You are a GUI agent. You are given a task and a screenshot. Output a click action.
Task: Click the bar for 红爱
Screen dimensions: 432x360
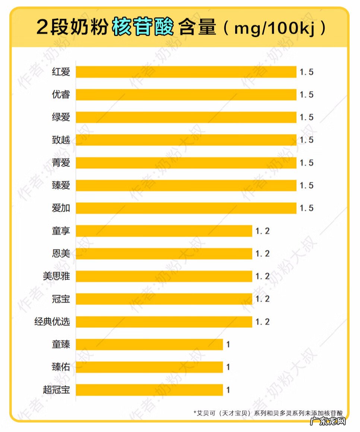tap(186, 72)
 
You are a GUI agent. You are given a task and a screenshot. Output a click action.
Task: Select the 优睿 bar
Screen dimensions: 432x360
tap(186, 95)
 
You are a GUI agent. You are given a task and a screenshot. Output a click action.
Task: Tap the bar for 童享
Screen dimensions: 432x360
tap(164, 231)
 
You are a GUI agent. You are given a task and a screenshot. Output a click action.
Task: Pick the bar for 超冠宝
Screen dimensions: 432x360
tap(149, 390)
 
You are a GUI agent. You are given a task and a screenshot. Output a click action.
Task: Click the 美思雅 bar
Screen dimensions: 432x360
tap(164, 276)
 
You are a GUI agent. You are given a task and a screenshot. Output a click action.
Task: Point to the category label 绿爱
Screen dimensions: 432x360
tap(61, 117)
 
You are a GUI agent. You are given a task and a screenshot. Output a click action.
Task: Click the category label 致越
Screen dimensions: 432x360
tap(61, 140)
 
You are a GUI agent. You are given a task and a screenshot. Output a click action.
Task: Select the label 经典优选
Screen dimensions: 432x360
tap(52, 322)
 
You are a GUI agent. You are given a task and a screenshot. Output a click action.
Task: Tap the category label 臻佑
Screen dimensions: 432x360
tap(61, 367)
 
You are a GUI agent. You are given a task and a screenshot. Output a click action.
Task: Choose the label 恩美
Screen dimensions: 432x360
tap(61, 254)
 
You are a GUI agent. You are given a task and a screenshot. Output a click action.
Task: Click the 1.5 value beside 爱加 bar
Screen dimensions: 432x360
tap(307, 208)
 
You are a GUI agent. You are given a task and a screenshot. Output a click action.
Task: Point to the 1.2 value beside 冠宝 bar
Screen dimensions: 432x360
tap(262, 299)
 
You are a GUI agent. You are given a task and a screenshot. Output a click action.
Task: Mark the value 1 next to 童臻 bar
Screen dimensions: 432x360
tap(228, 345)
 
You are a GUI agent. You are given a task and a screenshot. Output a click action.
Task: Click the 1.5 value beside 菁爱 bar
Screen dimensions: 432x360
tap(307, 163)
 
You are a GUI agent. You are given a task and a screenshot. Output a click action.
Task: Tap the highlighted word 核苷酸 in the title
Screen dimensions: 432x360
tap(143, 28)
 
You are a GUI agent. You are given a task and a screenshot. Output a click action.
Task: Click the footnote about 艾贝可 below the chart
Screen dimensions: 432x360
tap(268, 413)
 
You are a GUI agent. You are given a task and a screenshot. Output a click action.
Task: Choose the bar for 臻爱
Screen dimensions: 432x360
tap(186, 186)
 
